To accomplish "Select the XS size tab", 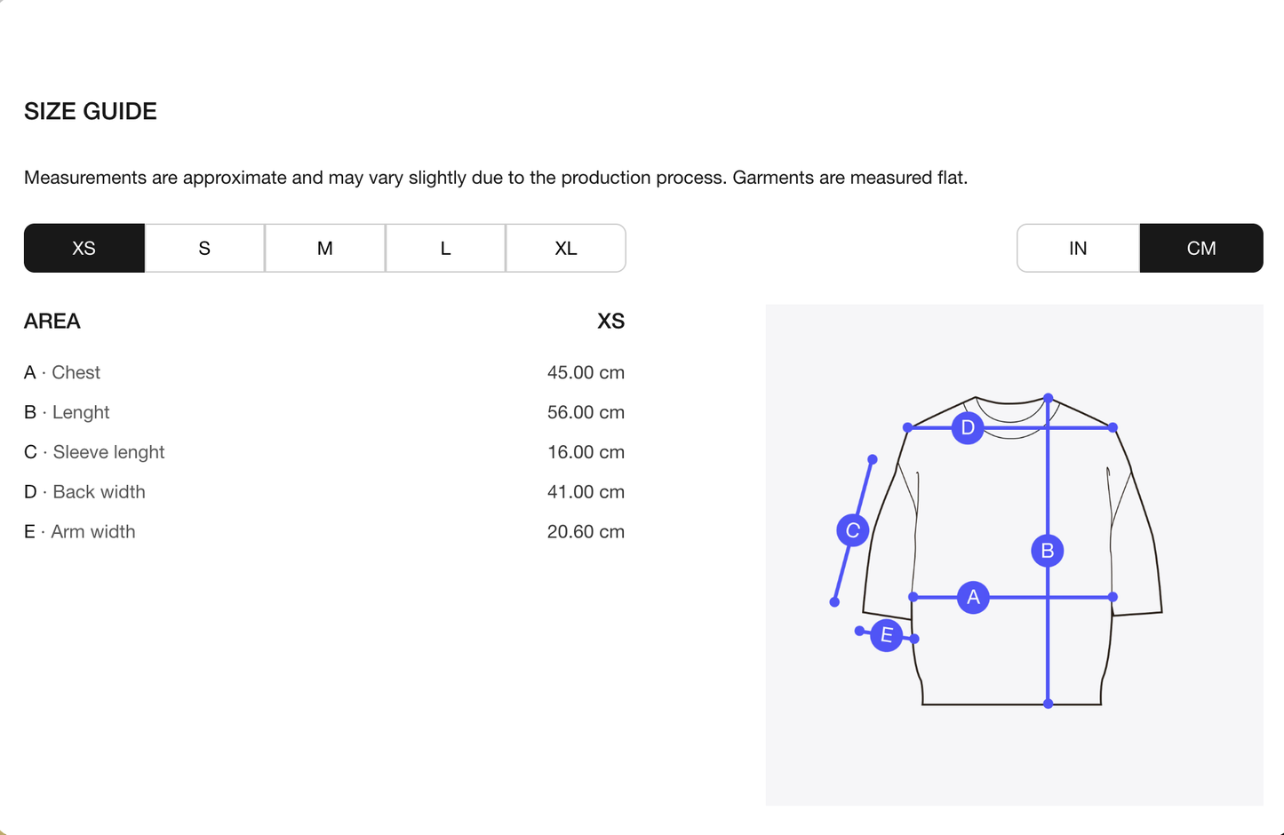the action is point(84,248).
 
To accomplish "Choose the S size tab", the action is point(204,248).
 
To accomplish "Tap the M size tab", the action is point(325,248).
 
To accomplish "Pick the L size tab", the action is point(445,248).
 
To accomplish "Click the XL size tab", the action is point(566,248).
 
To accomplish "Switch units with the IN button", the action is point(1078,248).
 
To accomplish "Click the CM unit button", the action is point(1201,248).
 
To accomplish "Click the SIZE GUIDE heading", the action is point(91,111).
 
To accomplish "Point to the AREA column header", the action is point(52,321).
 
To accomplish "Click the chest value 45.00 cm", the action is point(586,372).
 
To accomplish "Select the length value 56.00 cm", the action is point(586,412).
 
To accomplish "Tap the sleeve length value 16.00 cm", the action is point(586,452).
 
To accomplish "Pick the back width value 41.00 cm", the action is point(586,492).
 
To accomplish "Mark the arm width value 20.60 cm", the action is point(586,532).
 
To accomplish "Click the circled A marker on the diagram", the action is point(973,597).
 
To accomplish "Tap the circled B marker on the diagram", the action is point(1048,551).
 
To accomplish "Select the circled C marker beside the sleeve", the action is point(852,530).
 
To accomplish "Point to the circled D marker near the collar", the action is point(968,427).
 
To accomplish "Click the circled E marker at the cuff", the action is point(886,635).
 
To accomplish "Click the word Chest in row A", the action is point(76,372).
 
